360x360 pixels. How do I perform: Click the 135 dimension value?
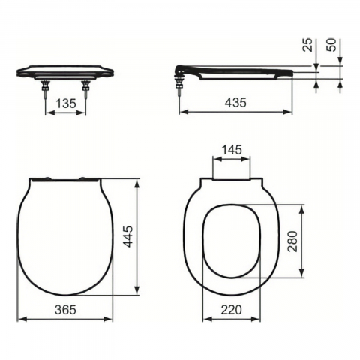point(66,103)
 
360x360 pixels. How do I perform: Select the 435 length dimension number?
point(235,103)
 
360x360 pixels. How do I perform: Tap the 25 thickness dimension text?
point(308,45)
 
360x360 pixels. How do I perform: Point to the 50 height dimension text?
point(331,45)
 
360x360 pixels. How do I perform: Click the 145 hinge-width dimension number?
point(232,150)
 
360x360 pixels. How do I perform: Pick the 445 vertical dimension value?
point(129,236)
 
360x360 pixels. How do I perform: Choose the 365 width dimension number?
point(65,310)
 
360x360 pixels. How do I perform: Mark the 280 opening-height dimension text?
point(293,241)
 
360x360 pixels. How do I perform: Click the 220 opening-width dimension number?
point(231,310)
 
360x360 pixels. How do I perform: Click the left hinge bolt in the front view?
point(46,88)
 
